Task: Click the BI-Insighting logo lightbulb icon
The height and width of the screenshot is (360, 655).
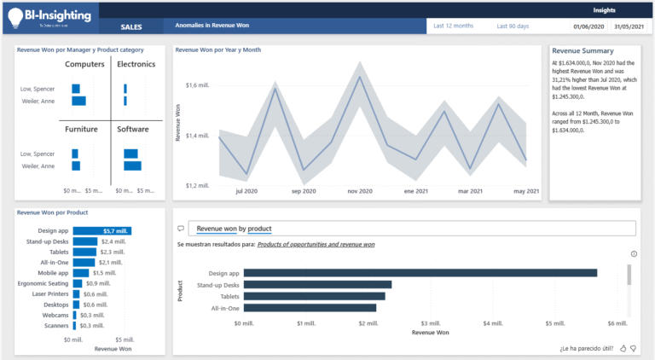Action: (15, 18)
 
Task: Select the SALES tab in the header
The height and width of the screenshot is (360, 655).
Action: (130, 26)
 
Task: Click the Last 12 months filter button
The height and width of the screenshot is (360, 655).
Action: (453, 26)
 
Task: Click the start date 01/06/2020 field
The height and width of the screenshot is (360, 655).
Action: (588, 26)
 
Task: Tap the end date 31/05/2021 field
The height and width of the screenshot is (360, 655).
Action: (629, 26)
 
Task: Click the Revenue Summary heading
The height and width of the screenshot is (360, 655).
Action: (583, 50)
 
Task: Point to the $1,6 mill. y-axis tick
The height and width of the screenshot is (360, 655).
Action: (197, 84)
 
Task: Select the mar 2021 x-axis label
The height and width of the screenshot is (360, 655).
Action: (470, 191)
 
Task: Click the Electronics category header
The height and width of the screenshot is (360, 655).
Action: (136, 65)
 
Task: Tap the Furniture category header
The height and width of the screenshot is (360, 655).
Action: (81, 130)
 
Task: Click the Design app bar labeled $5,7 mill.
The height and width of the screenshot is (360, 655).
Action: (101, 230)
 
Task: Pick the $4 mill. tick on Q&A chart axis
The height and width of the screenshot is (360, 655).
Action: (491, 324)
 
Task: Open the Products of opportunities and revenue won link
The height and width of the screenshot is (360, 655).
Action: (316, 245)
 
